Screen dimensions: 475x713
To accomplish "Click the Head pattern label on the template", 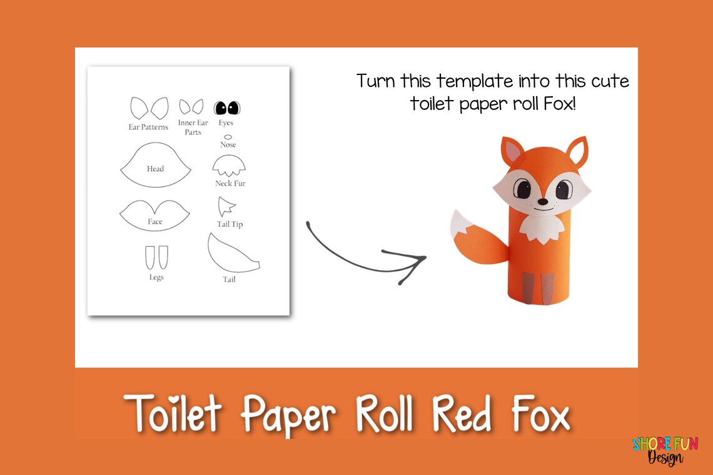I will point(155,169).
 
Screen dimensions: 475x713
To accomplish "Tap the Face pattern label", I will point(155,222).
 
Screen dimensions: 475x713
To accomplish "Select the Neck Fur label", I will point(230,184).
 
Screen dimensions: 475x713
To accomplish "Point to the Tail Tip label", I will point(230,224).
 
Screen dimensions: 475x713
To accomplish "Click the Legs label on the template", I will point(156,277).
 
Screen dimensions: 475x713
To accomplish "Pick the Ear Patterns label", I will point(148,127).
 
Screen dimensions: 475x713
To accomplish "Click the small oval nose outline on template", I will point(228,137).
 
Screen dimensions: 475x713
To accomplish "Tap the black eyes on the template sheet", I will point(227,108).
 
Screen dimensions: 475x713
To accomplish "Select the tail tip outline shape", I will point(226,207).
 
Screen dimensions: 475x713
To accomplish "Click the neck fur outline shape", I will point(229,166).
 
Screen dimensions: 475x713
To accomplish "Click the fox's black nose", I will point(543,201).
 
